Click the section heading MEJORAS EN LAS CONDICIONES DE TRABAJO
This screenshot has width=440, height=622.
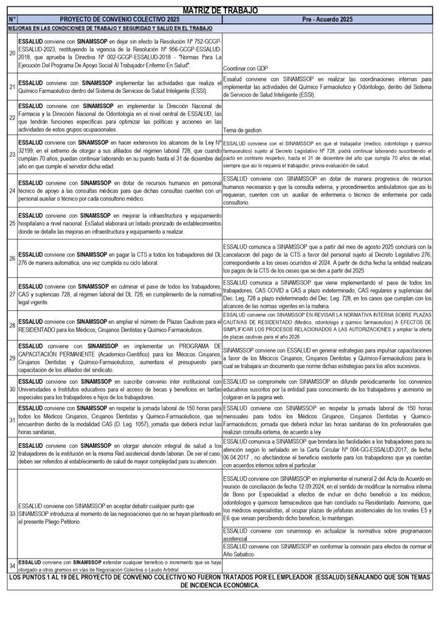(x=110, y=29)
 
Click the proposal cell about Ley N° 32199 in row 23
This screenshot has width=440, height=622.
(x=120, y=154)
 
